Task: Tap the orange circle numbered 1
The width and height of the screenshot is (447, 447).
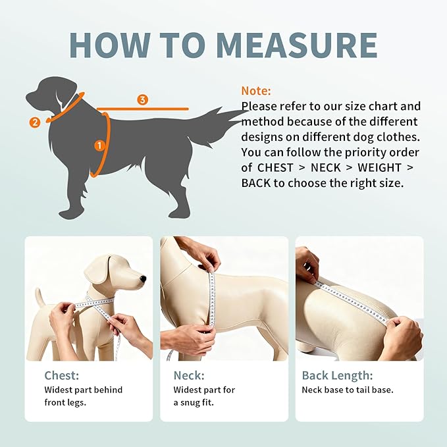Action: point(99,145)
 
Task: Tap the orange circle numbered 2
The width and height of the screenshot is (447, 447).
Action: point(35,122)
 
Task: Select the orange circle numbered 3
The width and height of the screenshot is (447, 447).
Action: point(142,99)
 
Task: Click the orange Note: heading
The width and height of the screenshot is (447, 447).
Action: point(255,91)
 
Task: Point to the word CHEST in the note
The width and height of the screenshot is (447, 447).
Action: point(275,167)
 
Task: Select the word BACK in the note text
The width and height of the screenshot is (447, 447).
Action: point(256,182)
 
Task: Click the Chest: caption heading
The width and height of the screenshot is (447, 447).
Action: point(62,376)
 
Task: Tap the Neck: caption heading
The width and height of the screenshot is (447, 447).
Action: point(189,376)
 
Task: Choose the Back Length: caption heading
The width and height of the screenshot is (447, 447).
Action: point(337,376)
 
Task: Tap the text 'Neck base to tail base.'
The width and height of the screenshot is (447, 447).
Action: point(348,390)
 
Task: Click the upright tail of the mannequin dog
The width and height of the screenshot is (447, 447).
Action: point(39,296)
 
